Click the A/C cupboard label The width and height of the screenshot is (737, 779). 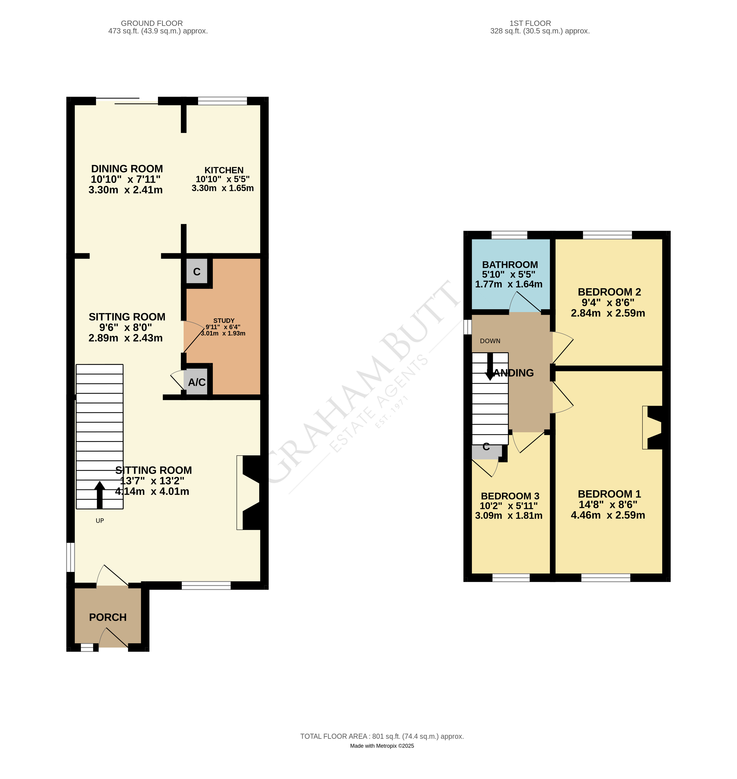[197, 382]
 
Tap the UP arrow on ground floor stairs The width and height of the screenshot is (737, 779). [100, 495]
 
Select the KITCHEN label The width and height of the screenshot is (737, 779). [224, 170]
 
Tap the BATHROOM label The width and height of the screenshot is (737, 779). [510, 265]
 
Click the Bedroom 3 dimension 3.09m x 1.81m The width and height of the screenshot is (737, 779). [508, 516]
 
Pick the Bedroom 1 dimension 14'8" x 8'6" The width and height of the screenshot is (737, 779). [608, 505]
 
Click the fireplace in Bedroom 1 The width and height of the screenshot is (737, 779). [653, 427]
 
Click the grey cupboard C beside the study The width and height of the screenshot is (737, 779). [197, 271]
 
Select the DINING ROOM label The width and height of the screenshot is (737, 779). [127, 169]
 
